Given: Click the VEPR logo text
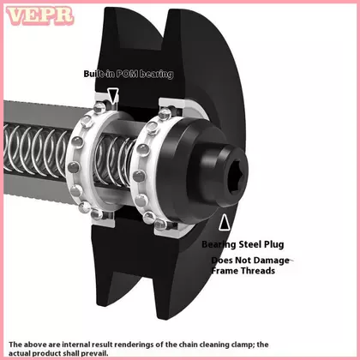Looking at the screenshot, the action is tap(40, 15).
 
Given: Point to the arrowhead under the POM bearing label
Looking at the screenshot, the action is tap(113, 96).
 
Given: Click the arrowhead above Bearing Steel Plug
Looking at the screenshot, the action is tap(225, 222).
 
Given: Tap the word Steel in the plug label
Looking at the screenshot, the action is tap(250, 244).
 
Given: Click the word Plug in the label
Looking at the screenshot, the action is tap(274, 245).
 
